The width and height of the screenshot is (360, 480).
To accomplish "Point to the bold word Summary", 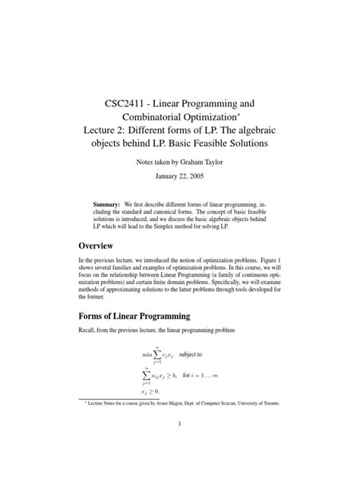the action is (106, 205).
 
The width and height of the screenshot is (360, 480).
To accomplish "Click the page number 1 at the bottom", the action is (179, 447).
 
